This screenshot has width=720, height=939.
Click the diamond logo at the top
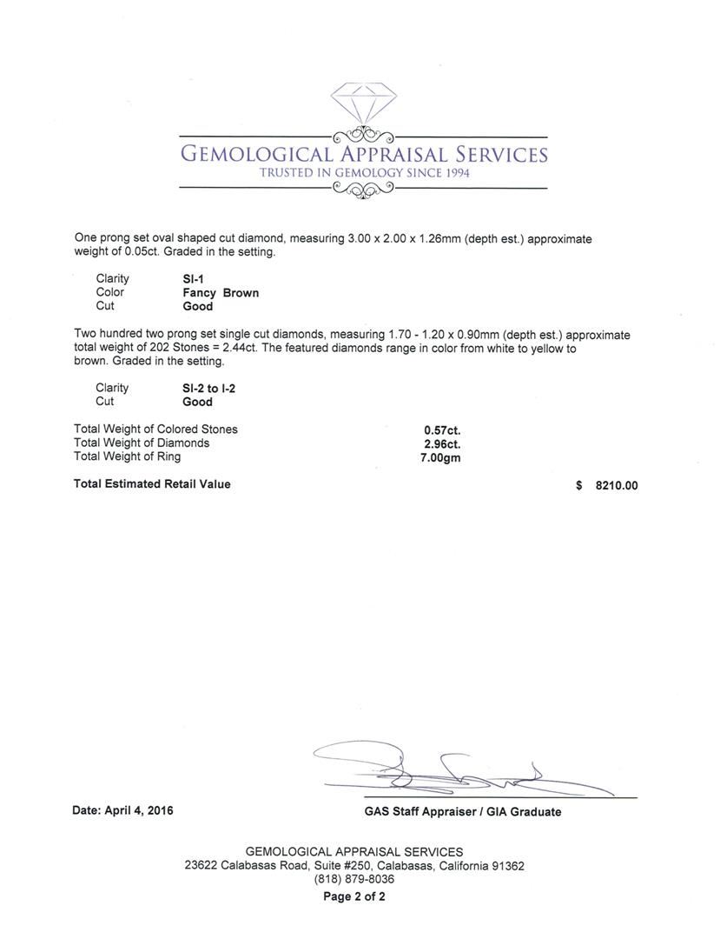point(363,104)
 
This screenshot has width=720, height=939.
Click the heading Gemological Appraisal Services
point(363,155)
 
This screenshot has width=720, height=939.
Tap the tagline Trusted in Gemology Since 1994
point(365,173)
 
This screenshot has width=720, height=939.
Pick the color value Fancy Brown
point(221,293)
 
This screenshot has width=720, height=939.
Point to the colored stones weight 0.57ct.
point(441,430)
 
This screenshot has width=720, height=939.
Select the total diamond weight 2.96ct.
point(441,443)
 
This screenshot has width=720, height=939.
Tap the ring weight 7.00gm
point(440,457)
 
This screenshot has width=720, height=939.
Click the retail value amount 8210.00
point(616,486)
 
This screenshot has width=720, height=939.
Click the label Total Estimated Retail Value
point(152,484)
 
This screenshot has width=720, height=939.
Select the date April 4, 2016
point(122,810)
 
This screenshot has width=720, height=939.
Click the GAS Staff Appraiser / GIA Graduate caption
point(462,812)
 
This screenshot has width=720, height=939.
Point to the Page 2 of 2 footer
point(354,896)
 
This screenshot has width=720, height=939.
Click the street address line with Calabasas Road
point(354,866)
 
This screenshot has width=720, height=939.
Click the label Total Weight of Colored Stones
point(155,429)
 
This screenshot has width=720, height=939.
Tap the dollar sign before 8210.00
point(579,486)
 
